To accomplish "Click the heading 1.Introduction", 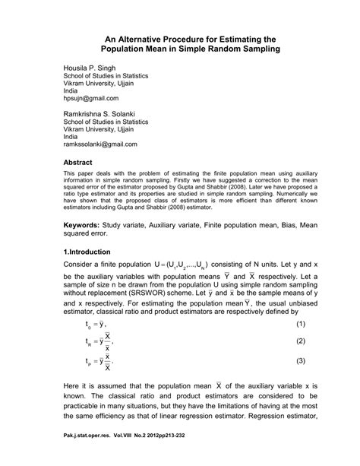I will [88, 252].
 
